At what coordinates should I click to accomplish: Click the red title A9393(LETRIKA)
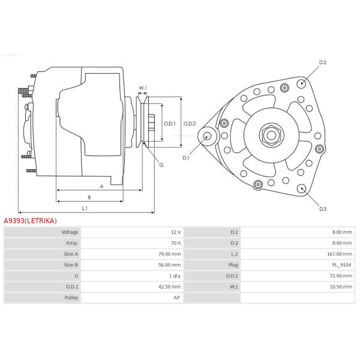(30, 221)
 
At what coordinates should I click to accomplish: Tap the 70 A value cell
(176, 243)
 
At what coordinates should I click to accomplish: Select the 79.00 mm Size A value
(169, 254)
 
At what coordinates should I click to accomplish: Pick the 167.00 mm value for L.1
(340, 254)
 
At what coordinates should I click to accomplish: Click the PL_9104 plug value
(341, 265)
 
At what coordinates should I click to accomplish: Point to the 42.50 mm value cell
(169, 287)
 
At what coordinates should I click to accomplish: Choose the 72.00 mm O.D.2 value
(341, 276)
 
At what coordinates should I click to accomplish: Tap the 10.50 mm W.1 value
(341, 287)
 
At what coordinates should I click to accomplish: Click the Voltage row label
(70, 232)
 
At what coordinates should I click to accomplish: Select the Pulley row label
(71, 298)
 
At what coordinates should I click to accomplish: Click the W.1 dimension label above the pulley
(143, 88)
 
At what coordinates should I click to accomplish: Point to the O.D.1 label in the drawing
(169, 124)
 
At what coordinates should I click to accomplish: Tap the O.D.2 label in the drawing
(190, 124)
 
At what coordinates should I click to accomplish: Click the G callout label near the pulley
(161, 165)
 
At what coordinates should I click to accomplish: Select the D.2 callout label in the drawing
(323, 62)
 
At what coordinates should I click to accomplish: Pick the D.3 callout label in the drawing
(323, 209)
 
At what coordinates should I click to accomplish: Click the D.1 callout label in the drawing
(186, 158)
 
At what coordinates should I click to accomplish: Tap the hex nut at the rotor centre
(272, 135)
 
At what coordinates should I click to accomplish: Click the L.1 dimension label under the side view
(85, 208)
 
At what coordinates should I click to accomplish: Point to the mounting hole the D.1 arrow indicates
(208, 136)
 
